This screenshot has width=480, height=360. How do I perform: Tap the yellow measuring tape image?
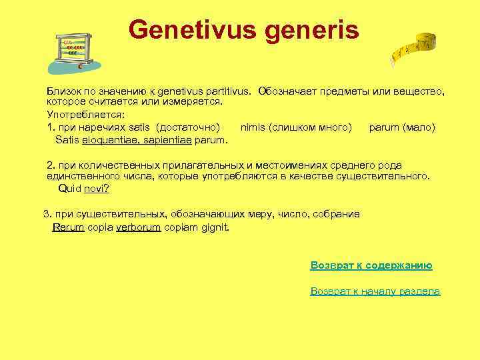(x=414, y=49)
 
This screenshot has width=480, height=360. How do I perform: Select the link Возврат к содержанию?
(x=371, y=265)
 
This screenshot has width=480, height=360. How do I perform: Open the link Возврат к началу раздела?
(x=375, y=291)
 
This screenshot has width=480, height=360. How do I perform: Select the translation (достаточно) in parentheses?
(x=188, y=127)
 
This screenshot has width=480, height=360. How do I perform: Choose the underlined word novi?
(x=97, y=189)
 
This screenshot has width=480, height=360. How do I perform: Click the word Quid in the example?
(x=69, y=189)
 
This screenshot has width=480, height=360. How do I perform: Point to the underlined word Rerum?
(x=68, y=227)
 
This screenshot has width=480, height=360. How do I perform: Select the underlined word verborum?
(x=139, y=227)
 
